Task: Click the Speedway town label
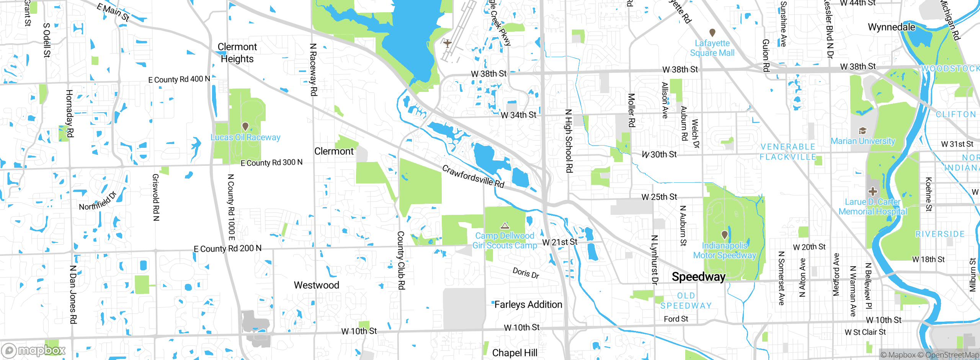click(x=698, y=277)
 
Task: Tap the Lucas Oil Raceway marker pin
click(x=245, y=126)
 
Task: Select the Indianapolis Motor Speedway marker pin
click(x=724, y=234)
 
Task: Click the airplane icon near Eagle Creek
click(x=447, y=43)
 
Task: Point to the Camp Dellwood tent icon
click(x=505, y=226)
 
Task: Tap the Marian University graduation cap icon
click(x=862, y=131)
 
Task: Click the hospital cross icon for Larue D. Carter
click(x=872, y=191)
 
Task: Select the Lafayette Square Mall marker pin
click(x=712, y=33)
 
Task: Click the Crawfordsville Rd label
click(x=473, y=176)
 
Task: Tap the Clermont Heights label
click(x=237, y=53)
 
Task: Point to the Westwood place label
click(x=316, y=285)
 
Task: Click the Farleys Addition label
click(x=528, y=304)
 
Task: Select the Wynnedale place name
click(x=891, y=27)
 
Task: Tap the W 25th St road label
click(x=659, y=197)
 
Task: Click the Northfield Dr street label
click(x=97, y=201)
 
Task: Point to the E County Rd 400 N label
click(x=179, y=79)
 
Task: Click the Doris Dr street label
click(x=526, y=273)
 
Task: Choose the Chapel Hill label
click(x=514, y=353)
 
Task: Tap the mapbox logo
click(x=34, y=350)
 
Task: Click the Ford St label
click(x=676, y=319)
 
